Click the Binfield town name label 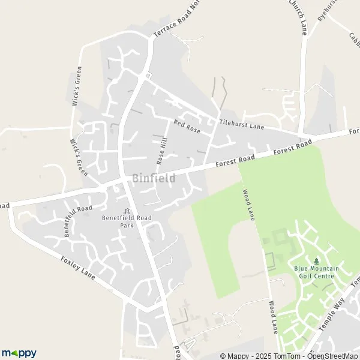154,178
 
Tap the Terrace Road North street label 176,22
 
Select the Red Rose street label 187,126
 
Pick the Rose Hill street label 161,149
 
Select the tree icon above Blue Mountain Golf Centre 317,261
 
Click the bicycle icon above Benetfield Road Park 127,211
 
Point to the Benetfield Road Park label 127,221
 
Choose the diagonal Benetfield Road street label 78,221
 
